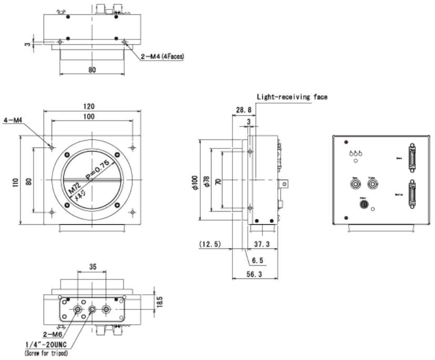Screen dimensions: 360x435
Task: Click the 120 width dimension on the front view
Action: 93,106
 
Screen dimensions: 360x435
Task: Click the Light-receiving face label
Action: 292,97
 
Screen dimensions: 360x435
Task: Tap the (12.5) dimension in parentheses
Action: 209,245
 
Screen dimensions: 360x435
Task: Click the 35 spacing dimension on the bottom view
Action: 92,267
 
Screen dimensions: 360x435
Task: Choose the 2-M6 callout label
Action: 48,334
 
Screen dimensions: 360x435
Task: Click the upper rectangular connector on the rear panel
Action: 411,157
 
